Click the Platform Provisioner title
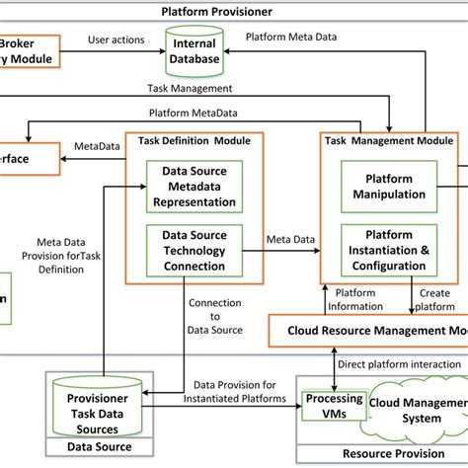216,12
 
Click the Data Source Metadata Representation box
195,187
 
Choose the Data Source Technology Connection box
195,252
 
